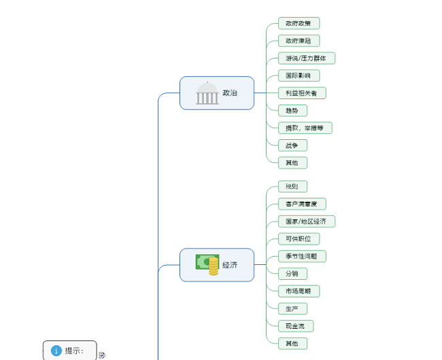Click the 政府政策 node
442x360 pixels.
(x=299, y=24)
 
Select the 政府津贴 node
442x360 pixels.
(x=299, y=41)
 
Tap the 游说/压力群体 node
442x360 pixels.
(x=306, y=58)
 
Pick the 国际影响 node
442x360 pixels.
(x=299, y=75)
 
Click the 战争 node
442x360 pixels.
(x=292, y=145)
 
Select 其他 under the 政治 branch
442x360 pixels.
(x=292, y=162)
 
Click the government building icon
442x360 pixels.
(x=207, y=93)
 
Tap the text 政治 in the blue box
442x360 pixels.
(x=230, y=93)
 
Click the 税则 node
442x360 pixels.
(x=292, y=186)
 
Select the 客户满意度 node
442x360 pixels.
(x=302, y=204)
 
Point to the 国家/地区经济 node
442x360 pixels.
(x=306, y=221)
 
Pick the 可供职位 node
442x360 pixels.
(x=299, y=238)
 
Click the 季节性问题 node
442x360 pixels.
(x=302, y=256)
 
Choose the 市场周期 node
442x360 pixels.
(x=299, y=291)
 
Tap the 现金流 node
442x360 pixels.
(x=296, y=326)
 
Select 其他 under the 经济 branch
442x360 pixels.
(x=292, y=343)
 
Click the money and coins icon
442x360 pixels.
(x=207, y=265)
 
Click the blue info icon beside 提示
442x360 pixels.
(x=56, y=350)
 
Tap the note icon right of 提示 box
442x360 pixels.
(x=102, y=355)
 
